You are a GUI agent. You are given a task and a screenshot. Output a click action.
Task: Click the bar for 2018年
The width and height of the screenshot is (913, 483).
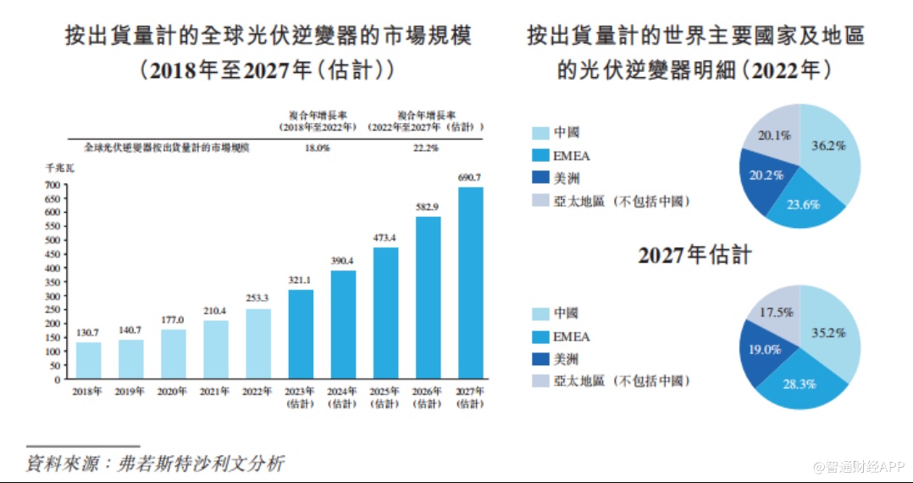(x=89, y=360)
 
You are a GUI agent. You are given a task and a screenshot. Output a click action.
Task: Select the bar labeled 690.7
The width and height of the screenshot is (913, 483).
(x=471, y=283)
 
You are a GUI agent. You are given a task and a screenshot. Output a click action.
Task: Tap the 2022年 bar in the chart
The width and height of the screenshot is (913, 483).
(x=258, y=343)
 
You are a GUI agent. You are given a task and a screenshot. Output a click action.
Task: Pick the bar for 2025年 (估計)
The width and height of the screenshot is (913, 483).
(x=385, y=313)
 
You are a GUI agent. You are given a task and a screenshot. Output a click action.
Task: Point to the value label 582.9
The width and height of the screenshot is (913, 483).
(x=428, y=207)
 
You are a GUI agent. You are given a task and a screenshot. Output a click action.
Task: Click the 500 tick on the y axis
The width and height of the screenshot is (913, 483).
(x=53, y=240)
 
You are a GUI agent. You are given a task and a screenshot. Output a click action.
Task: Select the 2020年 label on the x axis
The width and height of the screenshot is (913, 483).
(x=173, y=391)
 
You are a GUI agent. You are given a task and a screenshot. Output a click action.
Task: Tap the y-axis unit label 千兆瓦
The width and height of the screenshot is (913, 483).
(x=57, y=169)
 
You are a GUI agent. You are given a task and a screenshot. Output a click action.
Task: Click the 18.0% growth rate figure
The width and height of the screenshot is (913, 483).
(x=316, y=147)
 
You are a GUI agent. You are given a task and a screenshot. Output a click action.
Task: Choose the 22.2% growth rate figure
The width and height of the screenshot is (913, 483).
(x=426, y=147)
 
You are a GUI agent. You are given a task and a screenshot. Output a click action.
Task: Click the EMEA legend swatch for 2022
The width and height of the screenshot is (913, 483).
(x=539, y=156)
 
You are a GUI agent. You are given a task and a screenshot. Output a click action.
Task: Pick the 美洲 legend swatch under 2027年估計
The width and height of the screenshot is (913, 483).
(x=539, y=359)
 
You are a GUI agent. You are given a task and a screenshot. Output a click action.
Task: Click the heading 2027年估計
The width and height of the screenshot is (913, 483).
(x=694, y=255)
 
